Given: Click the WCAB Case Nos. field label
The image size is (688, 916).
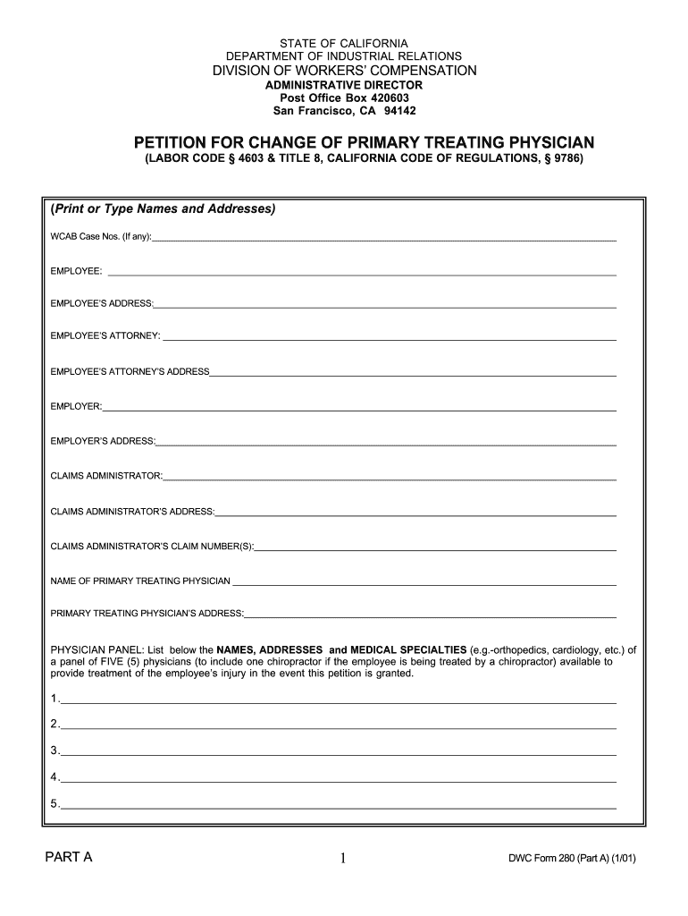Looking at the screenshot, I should (x=101, y=237).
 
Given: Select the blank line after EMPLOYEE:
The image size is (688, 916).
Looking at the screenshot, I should (x=362, y=272).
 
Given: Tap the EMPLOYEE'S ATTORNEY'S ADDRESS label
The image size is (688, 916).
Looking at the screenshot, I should (x=130, y=371).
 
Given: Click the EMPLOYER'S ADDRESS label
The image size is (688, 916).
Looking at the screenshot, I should (x=103, y=441).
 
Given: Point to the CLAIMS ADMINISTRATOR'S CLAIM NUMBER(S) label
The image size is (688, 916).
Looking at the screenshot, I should (x=153, y=546).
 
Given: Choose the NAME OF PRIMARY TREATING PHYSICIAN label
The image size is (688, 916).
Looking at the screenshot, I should (x=140, y=581).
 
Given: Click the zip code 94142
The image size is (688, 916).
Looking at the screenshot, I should (x=399, y=111).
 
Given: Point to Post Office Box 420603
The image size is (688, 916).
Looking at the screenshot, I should (x=344, y=98).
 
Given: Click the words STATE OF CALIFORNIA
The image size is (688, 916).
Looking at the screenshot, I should (x=344, y=43).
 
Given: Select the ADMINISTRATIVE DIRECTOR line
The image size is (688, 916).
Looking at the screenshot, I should (x=344, y=84).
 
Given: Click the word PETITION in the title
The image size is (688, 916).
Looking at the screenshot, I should (x=175, y=143).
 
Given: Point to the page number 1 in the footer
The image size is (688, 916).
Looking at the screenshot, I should (x=343, y=860).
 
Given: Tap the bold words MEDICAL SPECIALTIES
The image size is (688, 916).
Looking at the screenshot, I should (x=407, y=649).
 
